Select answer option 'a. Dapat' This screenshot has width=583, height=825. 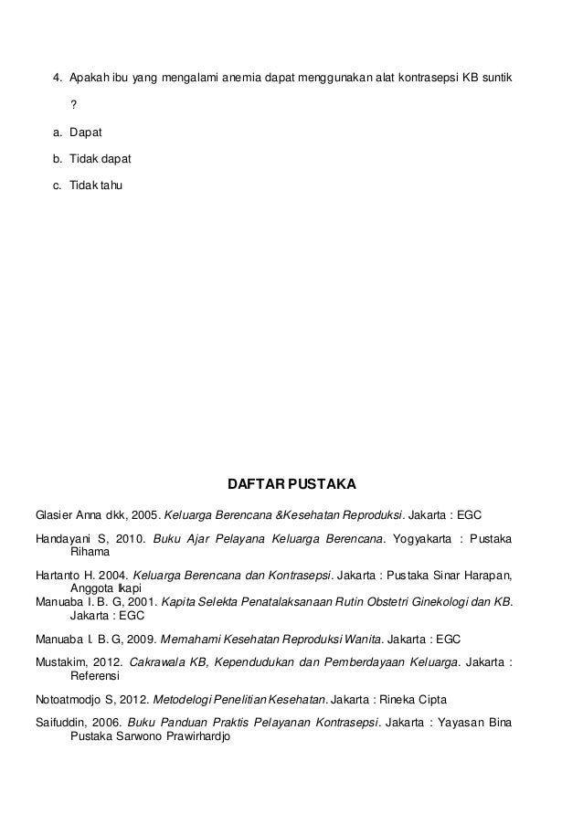(x=86, y=132)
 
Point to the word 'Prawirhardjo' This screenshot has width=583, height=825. (x=196, y=735)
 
